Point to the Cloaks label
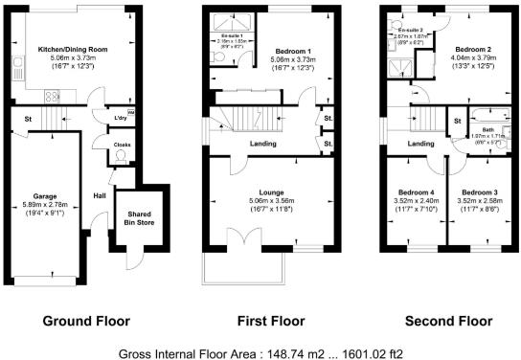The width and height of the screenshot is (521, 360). point(122,145)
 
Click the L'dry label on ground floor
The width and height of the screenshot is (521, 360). point(122,117)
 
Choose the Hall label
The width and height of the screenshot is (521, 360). point(100,196)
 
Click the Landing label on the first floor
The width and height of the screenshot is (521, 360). point(263,145)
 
